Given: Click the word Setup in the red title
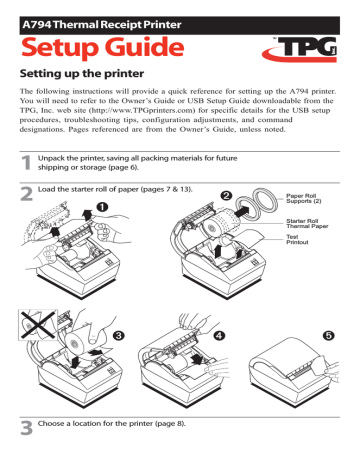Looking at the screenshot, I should pyautogui.click(x=61, y=50).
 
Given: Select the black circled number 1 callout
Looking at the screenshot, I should pyautogui.click(x=102, y=262).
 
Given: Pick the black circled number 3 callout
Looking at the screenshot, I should pyautogui.click(x=120, y=334).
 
